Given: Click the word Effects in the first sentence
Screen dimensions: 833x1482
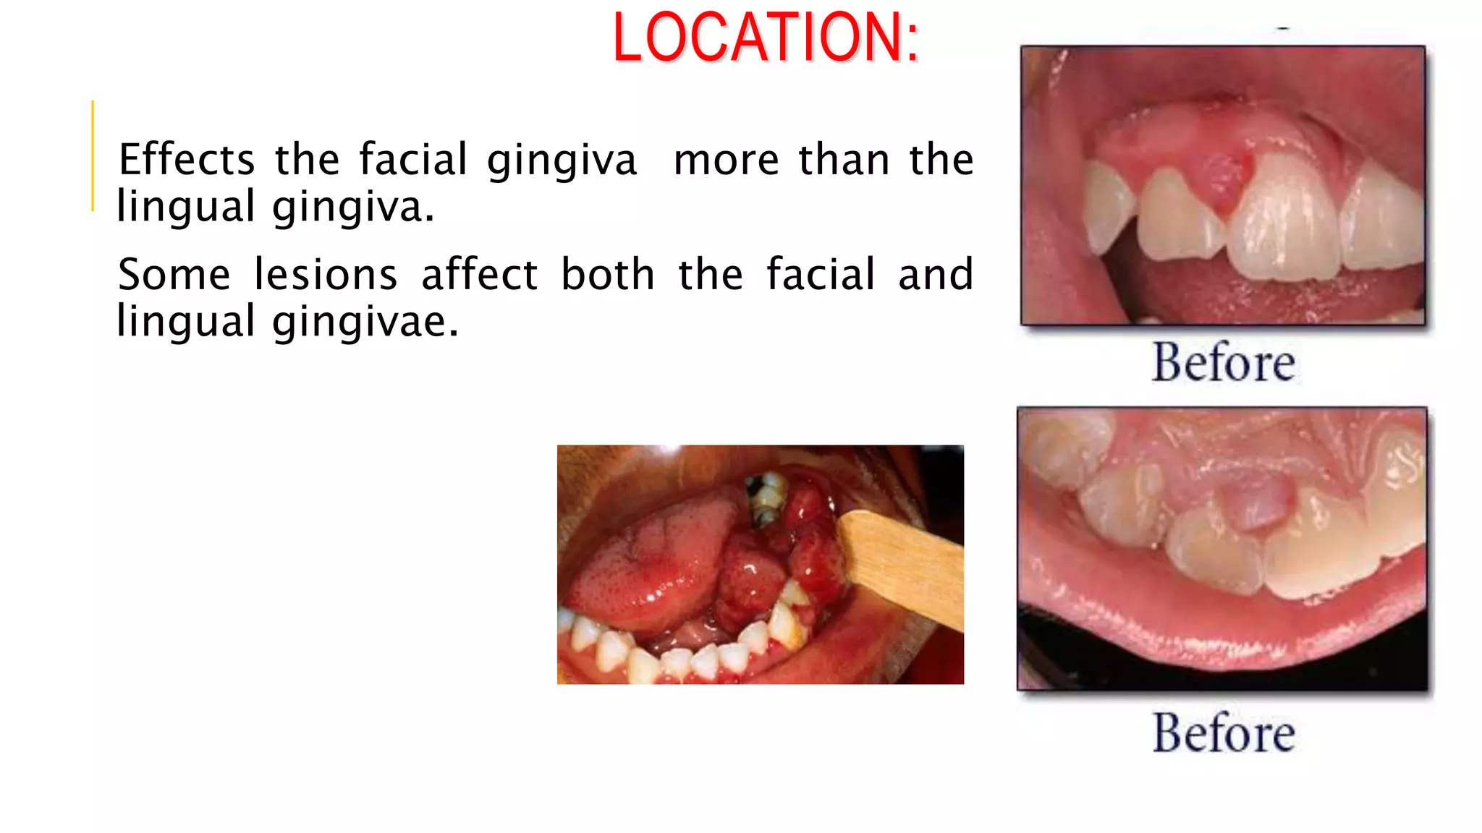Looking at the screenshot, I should [187, 160].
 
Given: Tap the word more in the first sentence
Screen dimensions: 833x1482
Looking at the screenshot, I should [726, 160].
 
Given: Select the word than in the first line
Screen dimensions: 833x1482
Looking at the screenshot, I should [844, 160].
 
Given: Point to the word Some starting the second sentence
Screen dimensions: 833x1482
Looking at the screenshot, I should [174, 275].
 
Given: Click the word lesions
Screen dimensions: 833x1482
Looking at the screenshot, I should [326, 275].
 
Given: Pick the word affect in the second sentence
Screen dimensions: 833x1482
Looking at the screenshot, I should [479, 275].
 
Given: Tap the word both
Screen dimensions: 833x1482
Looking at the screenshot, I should [608, 275].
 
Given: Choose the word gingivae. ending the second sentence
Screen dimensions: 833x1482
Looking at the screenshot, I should [365, 322].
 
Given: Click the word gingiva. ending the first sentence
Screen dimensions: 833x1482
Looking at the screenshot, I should [353, 207].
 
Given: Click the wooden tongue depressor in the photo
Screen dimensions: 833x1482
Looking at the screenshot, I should [905, 564].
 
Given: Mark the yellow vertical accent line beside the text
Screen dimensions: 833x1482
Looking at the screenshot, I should [93, 155].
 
